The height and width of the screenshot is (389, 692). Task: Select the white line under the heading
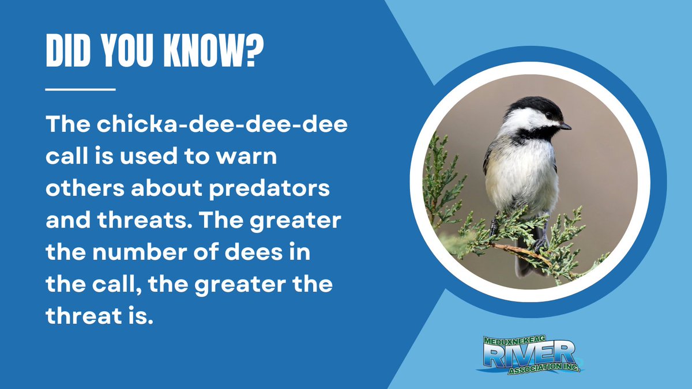[x=80, y=89]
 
